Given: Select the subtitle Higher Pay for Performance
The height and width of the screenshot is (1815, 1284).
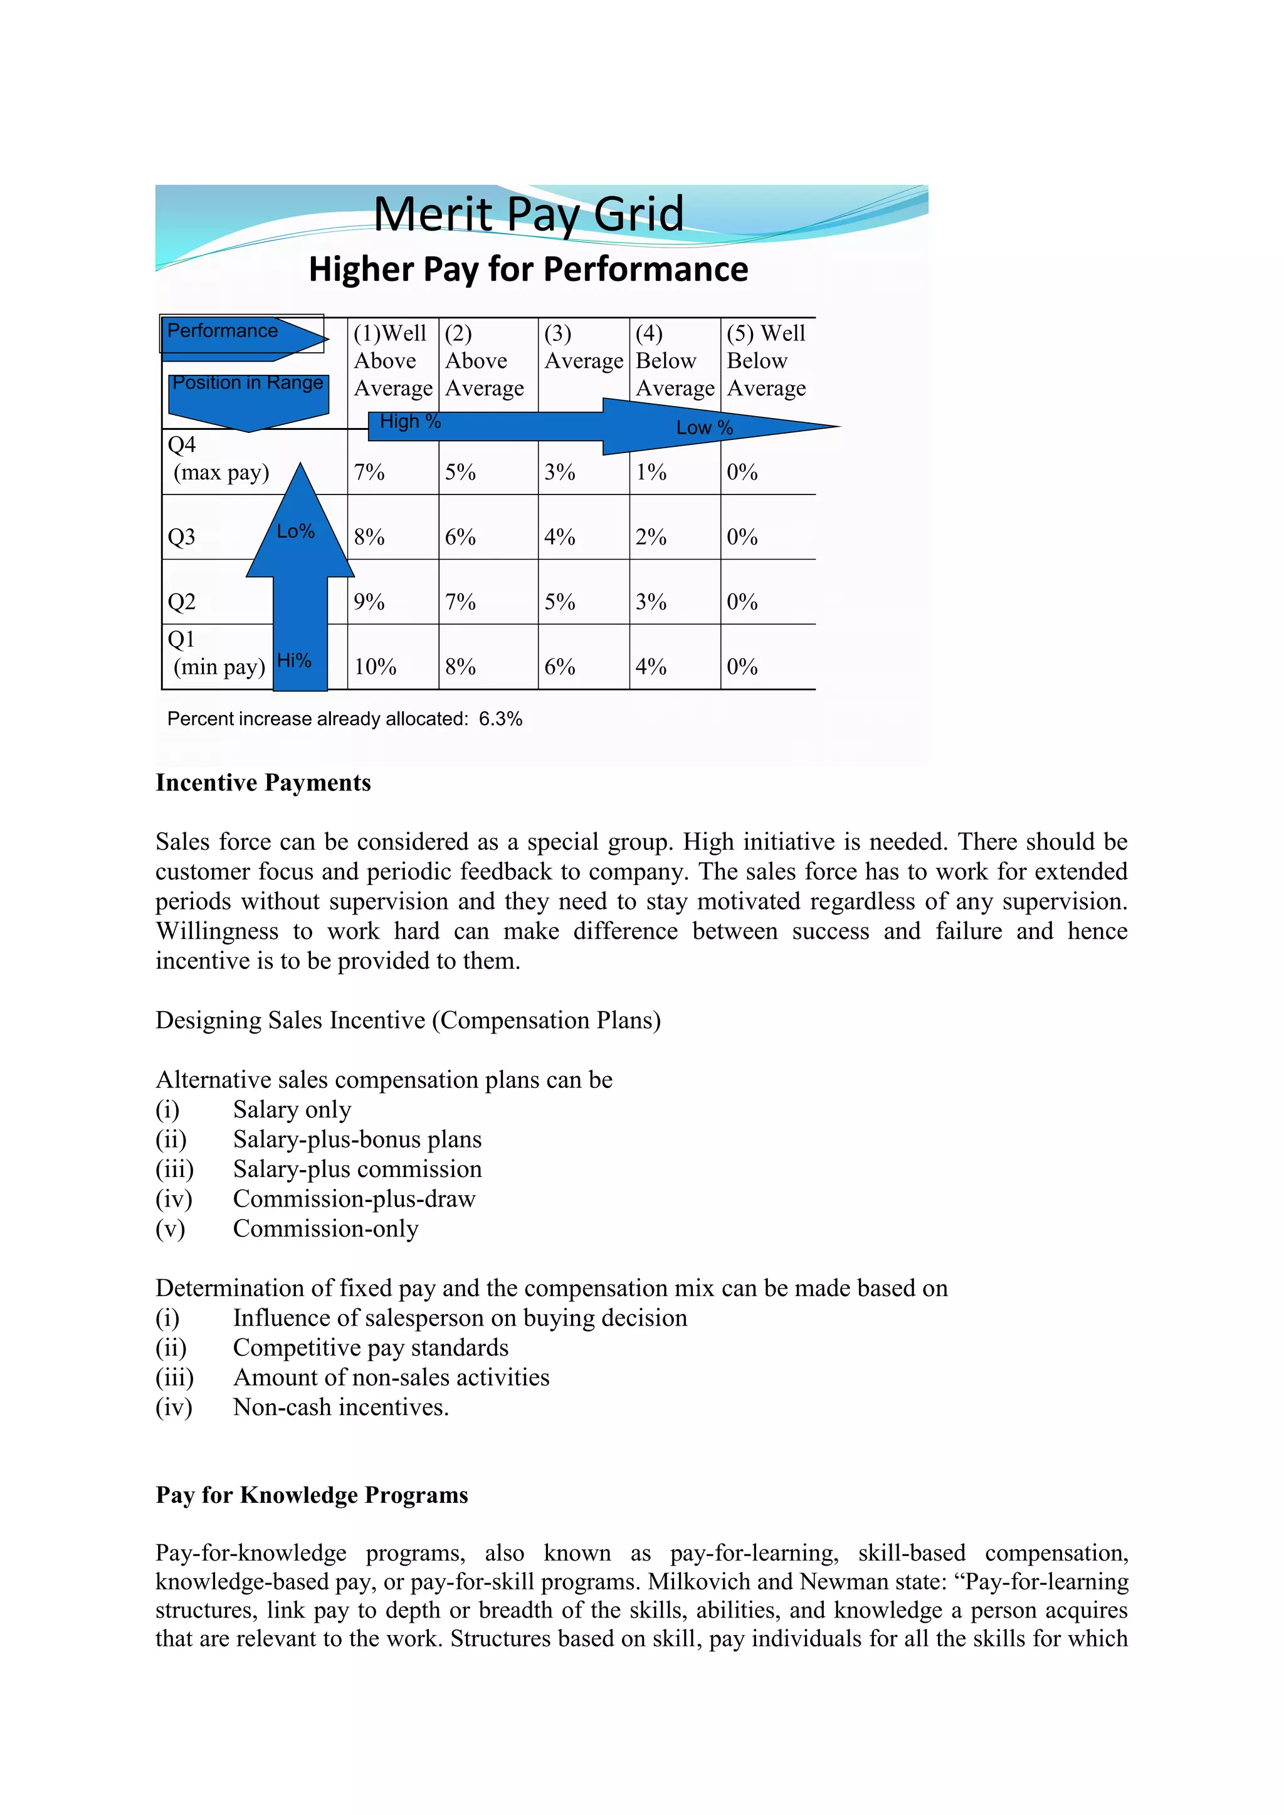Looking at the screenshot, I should (528, 269).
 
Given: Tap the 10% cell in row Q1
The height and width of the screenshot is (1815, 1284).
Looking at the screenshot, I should (375, 666).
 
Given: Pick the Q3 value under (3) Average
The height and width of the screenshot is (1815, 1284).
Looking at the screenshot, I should (559, 536).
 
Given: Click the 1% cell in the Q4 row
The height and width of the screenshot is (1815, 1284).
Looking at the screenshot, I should (651, 472).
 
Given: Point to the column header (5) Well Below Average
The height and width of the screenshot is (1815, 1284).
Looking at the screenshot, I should (766, 360).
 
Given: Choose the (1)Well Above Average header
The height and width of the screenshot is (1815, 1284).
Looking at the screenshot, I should (392, 360).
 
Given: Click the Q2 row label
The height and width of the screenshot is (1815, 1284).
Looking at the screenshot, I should (182, 602).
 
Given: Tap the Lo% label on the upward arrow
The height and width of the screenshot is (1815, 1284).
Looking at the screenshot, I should (296, 531).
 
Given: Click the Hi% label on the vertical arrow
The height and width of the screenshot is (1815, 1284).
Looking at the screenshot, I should (294, 660).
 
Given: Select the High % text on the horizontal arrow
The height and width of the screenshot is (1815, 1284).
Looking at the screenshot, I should (411, 421).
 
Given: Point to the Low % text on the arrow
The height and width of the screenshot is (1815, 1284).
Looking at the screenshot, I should (705, 427).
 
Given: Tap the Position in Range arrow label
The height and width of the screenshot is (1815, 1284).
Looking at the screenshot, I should (248, 382).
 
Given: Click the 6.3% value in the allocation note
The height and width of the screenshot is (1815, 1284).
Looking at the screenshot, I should (500, 719).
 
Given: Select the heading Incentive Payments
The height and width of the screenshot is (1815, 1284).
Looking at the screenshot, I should (263, 783).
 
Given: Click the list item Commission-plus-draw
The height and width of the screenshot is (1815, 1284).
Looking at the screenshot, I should (354, 1198).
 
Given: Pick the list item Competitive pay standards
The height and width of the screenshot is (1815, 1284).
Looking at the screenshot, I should (371, 1347).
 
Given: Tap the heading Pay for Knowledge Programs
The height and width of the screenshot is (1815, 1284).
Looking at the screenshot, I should (312, 1495).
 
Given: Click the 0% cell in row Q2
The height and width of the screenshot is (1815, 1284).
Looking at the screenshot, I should (742, 602).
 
